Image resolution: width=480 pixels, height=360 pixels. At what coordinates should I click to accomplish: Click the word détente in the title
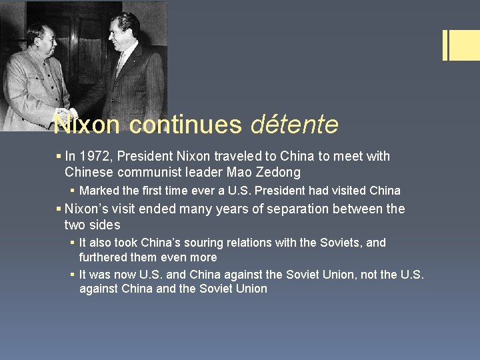295,124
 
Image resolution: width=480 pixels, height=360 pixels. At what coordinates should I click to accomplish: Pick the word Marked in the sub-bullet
97,191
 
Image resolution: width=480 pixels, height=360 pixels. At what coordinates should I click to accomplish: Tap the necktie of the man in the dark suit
121,64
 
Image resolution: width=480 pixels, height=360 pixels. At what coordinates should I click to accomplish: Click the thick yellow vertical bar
445,45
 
